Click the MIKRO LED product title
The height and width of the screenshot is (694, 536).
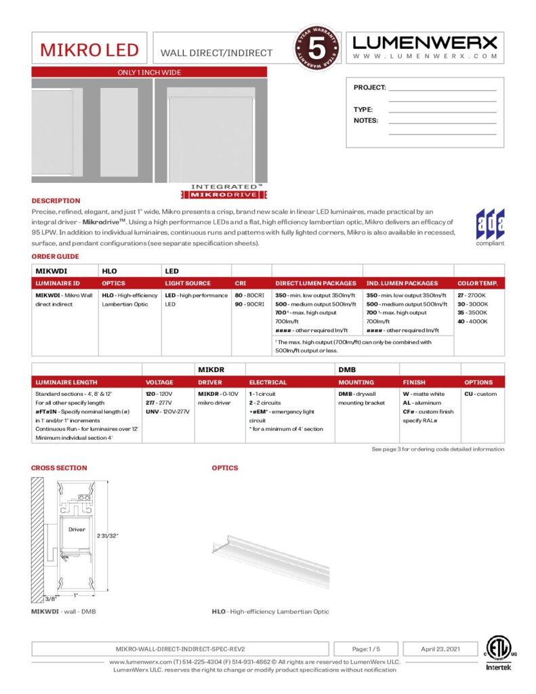pyautogui.click(x=89, y=50)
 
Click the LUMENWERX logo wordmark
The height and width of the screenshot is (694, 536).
pyautogui.click(x=425, y=43)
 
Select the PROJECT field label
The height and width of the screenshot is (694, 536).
pyautogui.click(x=369, y=87)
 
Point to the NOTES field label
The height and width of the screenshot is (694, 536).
pyautogui.click(x=366, y=121)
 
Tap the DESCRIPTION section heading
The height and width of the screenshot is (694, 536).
pyautogui.click(x=56, y=201)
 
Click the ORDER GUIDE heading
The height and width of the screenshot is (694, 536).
pyautogui.click(x=55, y=256)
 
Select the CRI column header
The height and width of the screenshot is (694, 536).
pyautogui.click(x=241, y=283)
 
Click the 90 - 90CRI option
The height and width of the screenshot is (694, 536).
pyautogui.click(x=249, y=304)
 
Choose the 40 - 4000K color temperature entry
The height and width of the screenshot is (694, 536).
pyautogui.click(x=471, y=321)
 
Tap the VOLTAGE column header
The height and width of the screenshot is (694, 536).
pyautogui.click(x=159, y=382)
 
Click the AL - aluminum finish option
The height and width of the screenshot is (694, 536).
pyautogui.click(x=421, y=403)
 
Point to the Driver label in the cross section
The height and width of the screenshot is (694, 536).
pyautogui.click(x=77, y=529)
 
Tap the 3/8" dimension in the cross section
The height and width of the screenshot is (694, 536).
pyautogui.click(x=50, y=599)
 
